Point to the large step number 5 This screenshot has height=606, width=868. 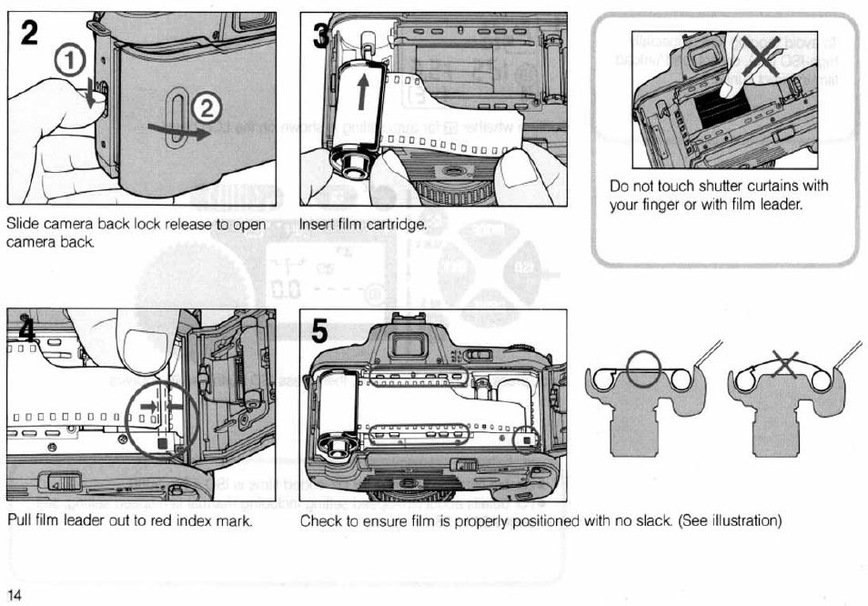tap(319, 332)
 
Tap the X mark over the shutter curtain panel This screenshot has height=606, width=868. tap(760, 56)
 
